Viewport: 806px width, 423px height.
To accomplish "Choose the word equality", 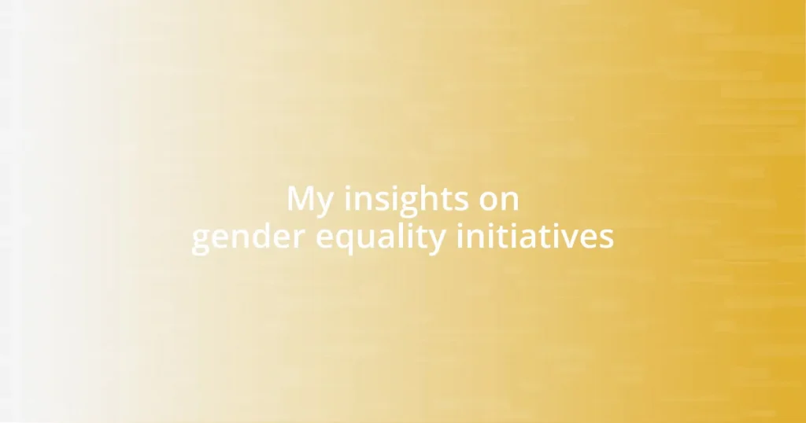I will point(381,237).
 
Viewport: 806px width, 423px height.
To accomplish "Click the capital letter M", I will point(299,199).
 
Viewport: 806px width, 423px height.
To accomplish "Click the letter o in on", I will point(489,201).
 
